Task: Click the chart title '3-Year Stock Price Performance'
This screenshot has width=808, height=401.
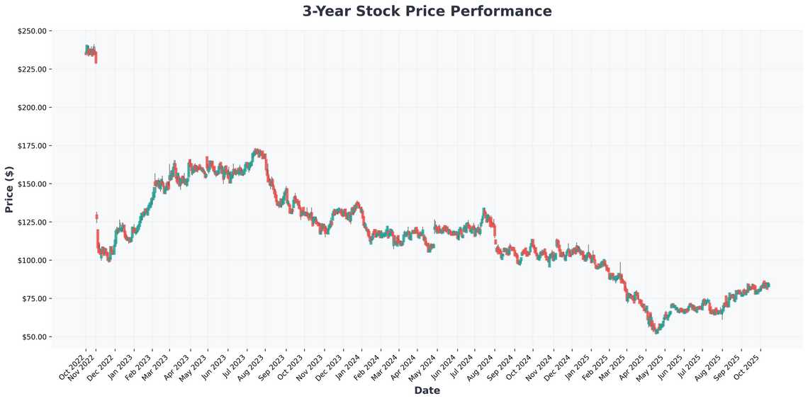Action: pyautogui.click(x=427, y=11)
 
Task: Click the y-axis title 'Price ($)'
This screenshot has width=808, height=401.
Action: pyautogui.click(x=9, y=189)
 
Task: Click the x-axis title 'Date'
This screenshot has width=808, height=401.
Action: pyautogui.click(x=427, y=390)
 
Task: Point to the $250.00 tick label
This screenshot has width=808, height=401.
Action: pyautogui.click(x=31, y=31)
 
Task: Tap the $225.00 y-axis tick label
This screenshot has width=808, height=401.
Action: pyautogui.click(x=31, y=69)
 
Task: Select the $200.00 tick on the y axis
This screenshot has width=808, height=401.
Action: pyautogui.click(x=31, y=108)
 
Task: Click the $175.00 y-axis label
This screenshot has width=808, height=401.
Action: pyautogui.click(x=31, y=146)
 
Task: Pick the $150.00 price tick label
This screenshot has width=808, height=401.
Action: pyautogui.click(x=31, y=184)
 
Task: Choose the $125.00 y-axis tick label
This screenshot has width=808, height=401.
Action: pyautogui.click(x=31, y=222)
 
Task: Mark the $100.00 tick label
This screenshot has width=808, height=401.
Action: pyautogui.click(x=31, y=261)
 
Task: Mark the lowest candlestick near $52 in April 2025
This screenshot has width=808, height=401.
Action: pyautogui.click(x=656, y=330)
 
